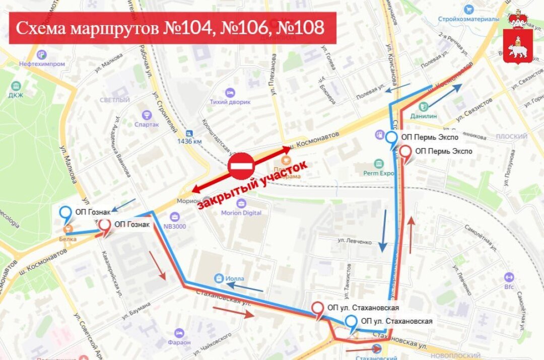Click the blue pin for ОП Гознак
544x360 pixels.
pos(65,213)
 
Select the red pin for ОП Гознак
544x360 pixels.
pos(105,226)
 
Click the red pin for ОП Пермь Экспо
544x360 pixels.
pos(405,152)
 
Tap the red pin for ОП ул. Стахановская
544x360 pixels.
pos(318,309)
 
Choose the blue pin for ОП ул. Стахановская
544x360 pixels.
pos(352,322)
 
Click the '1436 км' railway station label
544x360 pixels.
pos(189,141)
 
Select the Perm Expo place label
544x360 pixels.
pos(379,173)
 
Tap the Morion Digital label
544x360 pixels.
pos(241,212)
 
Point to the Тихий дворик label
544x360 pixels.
pos(230,102)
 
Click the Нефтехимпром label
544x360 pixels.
pos(42,64)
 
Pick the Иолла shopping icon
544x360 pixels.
pos(219,277)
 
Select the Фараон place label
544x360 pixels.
pos(179,342)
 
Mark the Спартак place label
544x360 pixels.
pos(147,124)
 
